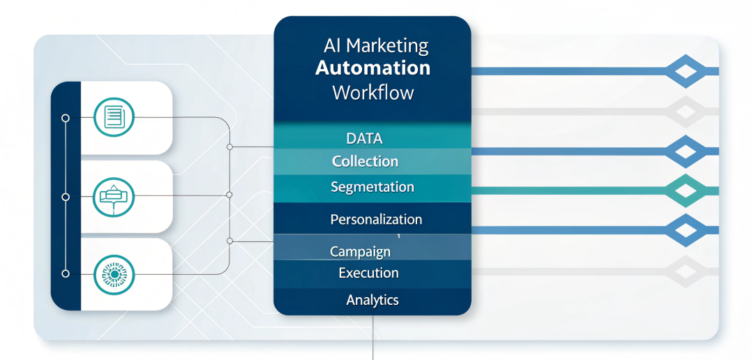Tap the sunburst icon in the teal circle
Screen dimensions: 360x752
[x=113, y=275]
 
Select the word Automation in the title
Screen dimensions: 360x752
[x=373, y=68]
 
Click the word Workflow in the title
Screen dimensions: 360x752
[x=373, y=92]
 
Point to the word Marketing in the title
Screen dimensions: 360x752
[x=387, y=47]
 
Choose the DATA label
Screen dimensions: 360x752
[x=364, y=138]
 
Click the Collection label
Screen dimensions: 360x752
[x=365, y=161]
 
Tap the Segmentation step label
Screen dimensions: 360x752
[x=372, y=187]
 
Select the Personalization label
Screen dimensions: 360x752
[x=376, y=219]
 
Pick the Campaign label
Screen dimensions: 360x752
[x=359, y=251]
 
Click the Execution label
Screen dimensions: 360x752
[x=368, y=273]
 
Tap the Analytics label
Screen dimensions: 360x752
[x=373, y=300]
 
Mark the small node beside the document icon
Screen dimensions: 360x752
[x=66, y=118]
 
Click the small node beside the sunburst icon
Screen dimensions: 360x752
[x=66, y=274]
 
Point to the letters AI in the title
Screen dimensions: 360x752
[x=331, y=47]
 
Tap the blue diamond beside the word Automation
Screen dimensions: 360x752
[x=685, y=71]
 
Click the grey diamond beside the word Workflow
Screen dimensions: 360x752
[x=685, y=110]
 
